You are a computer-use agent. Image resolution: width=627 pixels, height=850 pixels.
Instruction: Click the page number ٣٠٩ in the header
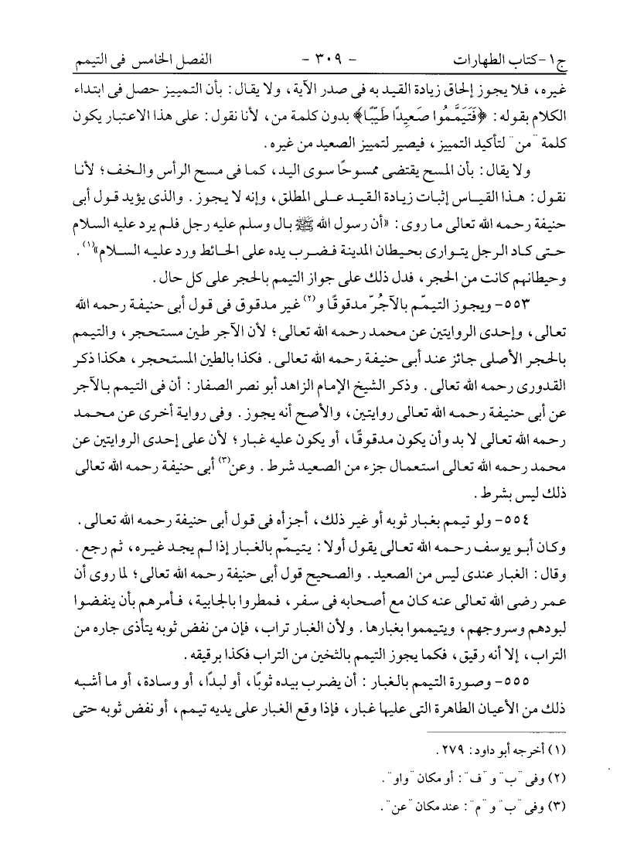311,58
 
